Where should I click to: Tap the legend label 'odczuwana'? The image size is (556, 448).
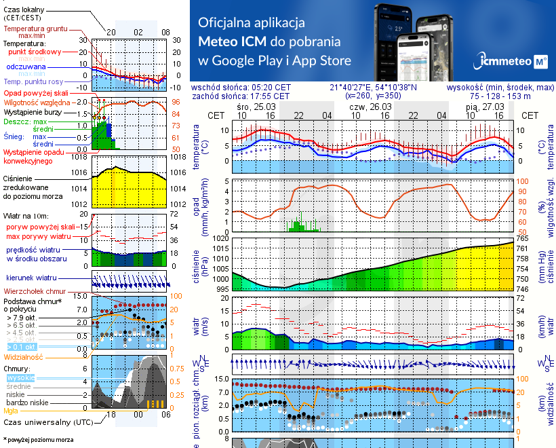[x=26, y=67]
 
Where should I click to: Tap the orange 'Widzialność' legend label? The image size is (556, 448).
[x=24, y=356]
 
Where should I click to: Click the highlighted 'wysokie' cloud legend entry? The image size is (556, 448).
[x=20, y=377]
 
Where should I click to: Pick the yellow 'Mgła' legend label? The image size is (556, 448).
[x=10, y=411]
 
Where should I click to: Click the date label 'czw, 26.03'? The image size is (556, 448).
[x=370, y=107]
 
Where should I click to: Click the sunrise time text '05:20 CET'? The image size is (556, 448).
[x=271, y=88]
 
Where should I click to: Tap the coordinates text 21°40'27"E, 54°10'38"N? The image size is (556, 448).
[x=373, y=88]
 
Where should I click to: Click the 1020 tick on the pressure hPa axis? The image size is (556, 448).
[x=221, y=238]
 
